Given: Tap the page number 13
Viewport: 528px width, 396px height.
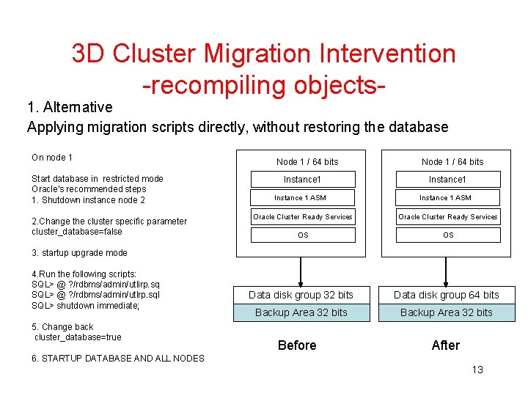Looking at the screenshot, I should click(477, 370).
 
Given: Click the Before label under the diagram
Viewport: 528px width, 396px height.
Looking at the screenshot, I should click(297, 345).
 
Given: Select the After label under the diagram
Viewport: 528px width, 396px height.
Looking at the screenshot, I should click(446, 345).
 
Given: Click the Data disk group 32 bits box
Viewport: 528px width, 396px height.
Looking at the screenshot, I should click(301, 295).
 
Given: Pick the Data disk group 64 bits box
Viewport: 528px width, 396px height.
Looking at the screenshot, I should click(446, 295).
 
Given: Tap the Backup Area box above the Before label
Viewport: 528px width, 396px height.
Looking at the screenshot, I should click(301, 312).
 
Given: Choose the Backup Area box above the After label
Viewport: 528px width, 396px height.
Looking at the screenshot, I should click(446, 312).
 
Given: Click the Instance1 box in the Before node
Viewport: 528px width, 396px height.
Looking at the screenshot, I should click(303, 180).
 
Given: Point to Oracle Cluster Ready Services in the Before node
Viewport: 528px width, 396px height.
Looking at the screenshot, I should click(303, 216).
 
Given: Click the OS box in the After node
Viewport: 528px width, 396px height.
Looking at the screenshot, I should click(448, 235).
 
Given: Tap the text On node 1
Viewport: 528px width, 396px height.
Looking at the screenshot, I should click(52, 157).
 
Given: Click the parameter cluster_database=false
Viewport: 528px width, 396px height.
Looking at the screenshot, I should click(77, 232).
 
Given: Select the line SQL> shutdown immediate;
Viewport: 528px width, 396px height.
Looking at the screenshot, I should click(85, 306).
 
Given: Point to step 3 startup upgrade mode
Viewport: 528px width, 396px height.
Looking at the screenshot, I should click(79, 253).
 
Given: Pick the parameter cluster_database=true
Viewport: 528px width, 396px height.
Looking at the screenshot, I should click(78, 337).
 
